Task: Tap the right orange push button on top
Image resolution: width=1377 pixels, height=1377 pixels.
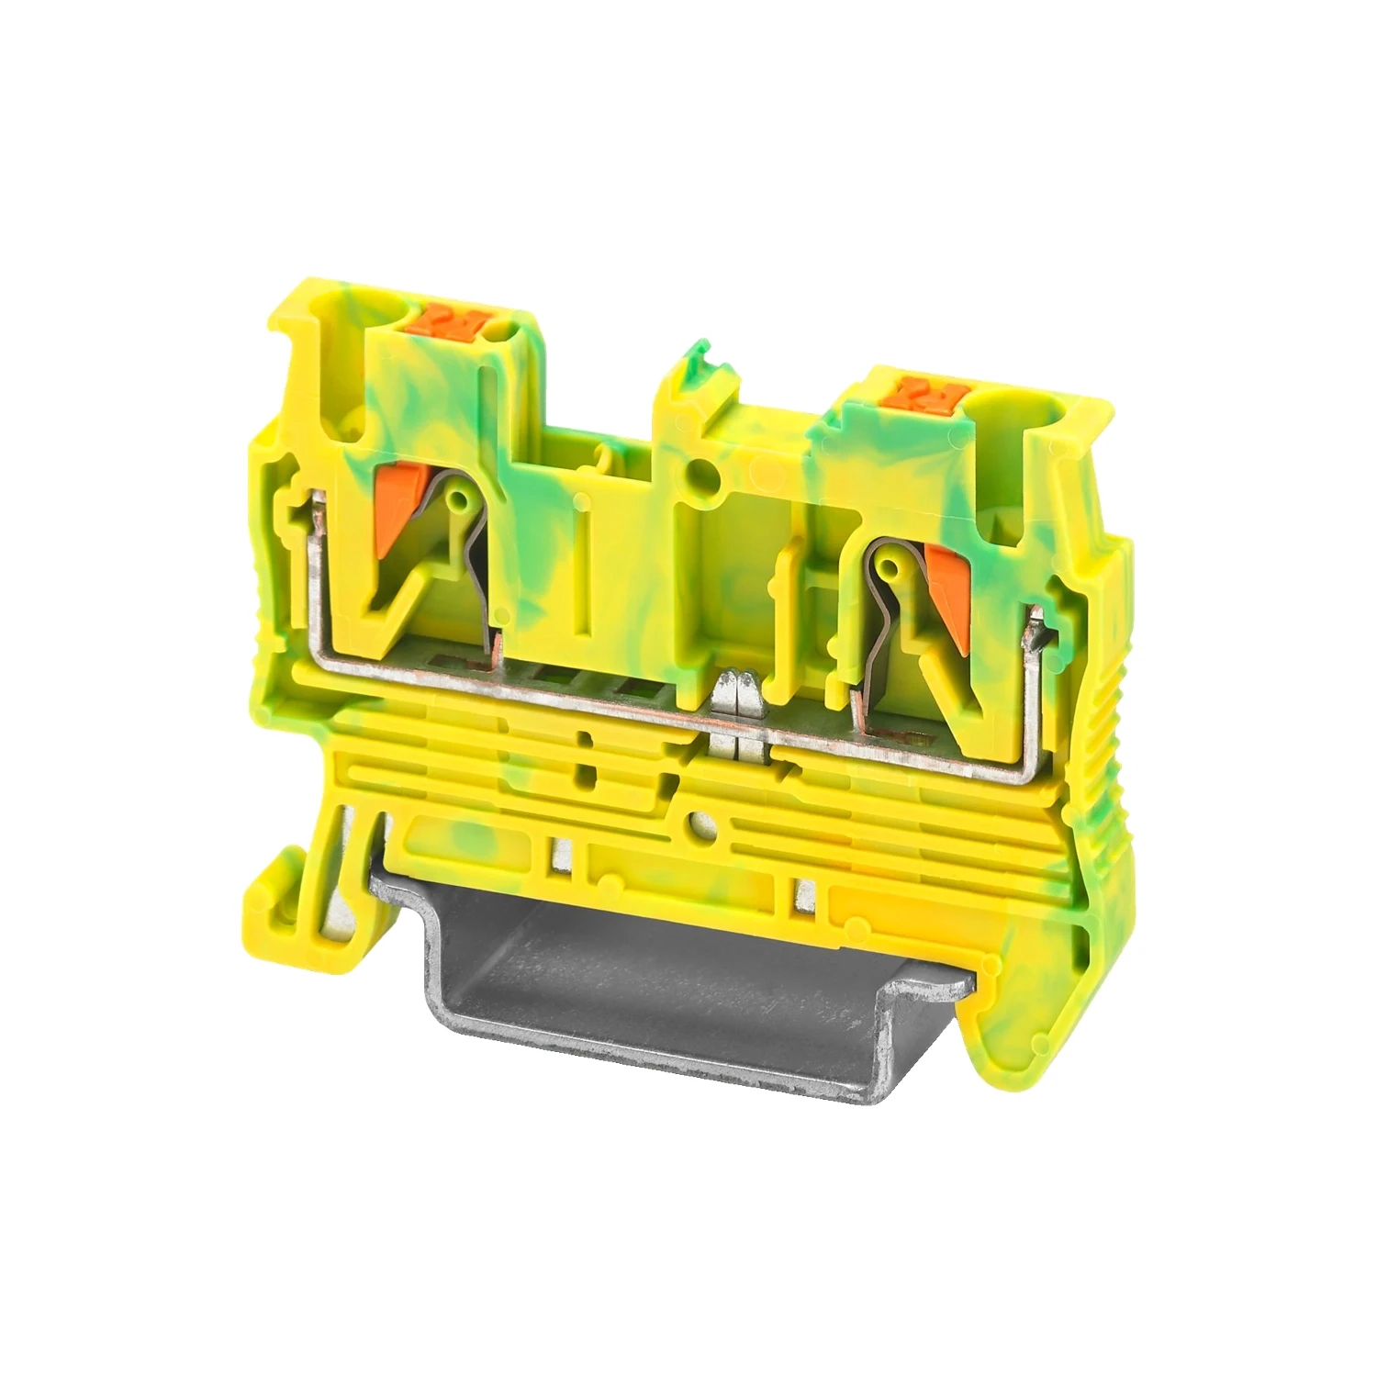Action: [931, 393]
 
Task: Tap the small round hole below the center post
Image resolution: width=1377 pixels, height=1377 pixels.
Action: [703, 475]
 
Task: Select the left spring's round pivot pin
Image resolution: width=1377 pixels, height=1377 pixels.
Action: [456, 498]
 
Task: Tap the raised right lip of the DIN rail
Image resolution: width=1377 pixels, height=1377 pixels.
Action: [927, 996]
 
